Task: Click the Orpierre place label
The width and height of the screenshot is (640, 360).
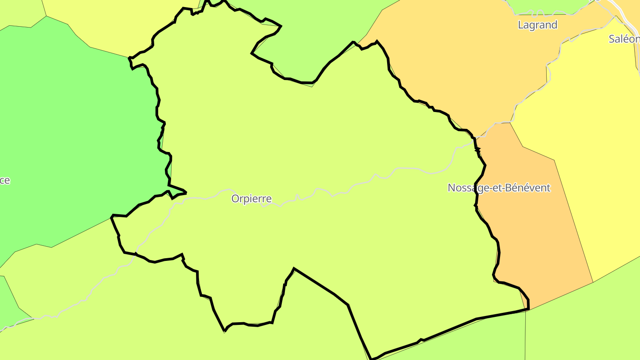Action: point(251,199)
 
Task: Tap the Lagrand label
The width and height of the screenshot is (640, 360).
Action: point(537,25)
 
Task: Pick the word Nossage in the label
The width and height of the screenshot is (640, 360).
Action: point(466,188)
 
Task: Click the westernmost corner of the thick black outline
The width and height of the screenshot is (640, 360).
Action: point(112,216)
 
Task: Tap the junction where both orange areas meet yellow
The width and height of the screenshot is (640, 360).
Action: point(510,122)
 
